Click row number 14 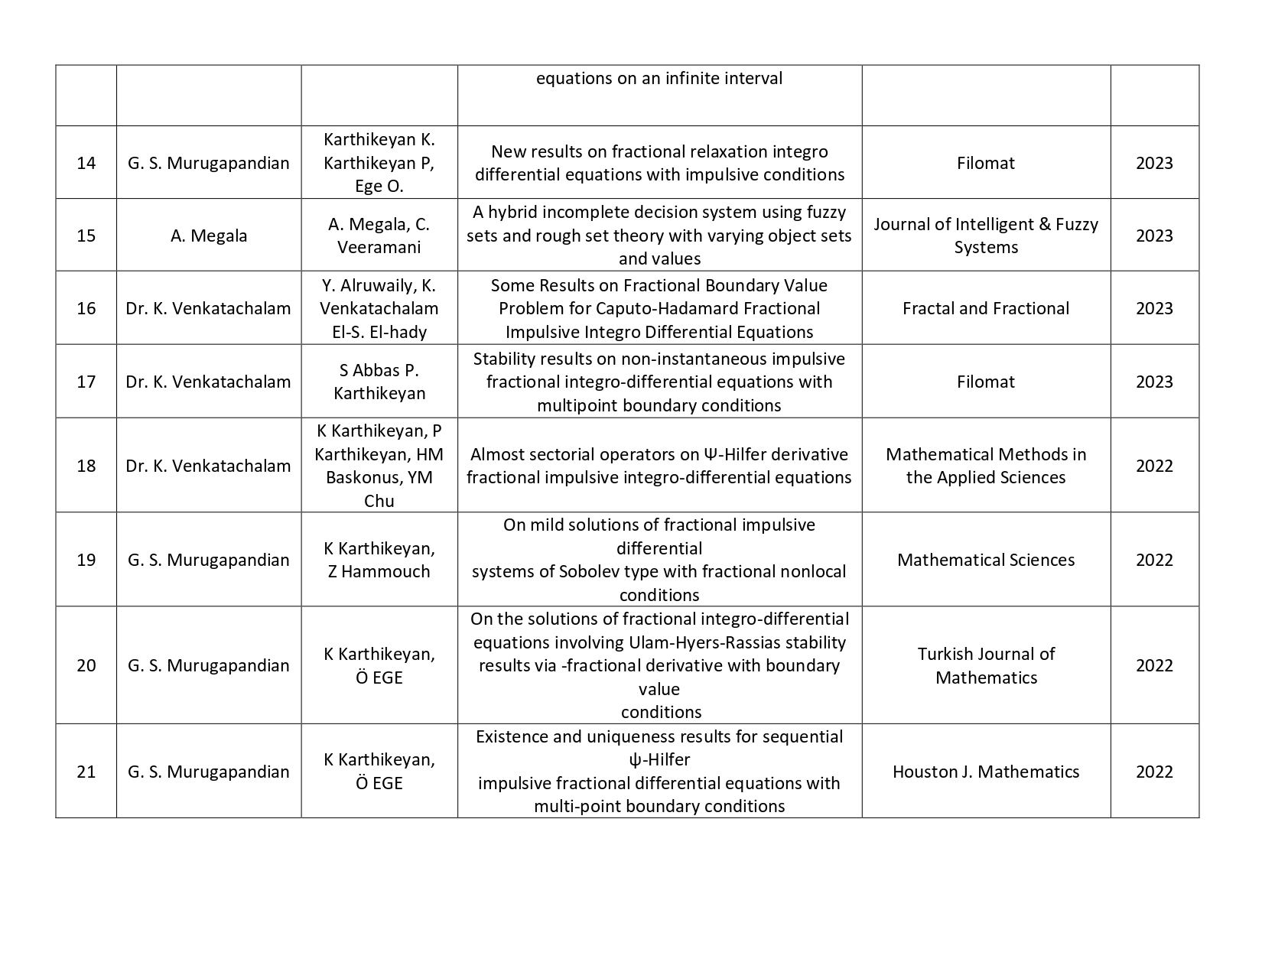pyautogui.click(x=86, y=163)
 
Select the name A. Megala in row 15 pyautogui.click(x=209, y=236)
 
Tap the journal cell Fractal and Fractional pyautogui.click(x=985, y=308)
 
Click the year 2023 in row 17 pyautogui.click(x=1153, y=382)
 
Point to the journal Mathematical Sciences pyautogui.click(x=985, y=560)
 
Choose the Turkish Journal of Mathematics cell pyautogui.click(x=985, y=665)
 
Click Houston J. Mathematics pyautogui.click(x=985, y=772)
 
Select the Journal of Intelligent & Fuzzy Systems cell pyautogui.click(x=985, y=236)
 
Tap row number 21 pyautogui.click(x=86, y=772)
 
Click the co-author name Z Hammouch pyautogui.click(x=379, y=571)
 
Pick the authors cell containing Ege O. pyautogui.click(x=379, y=163)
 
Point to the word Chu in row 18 pyautogui.click(x=379, y=501)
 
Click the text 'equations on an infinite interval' pyautogui.click(x=659, y=78)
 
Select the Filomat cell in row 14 pyautogui.click(x=985, y=163)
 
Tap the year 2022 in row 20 pyautogui.click(x=1153, y=665)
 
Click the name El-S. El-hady pyautogui.click(x=379, y=332)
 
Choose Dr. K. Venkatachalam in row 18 pyautogui.click(x=209, y=466)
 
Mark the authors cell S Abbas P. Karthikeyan pyautogui.click(x=379, y=382)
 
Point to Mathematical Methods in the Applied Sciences pyautogui.click(x=985, y=466)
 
